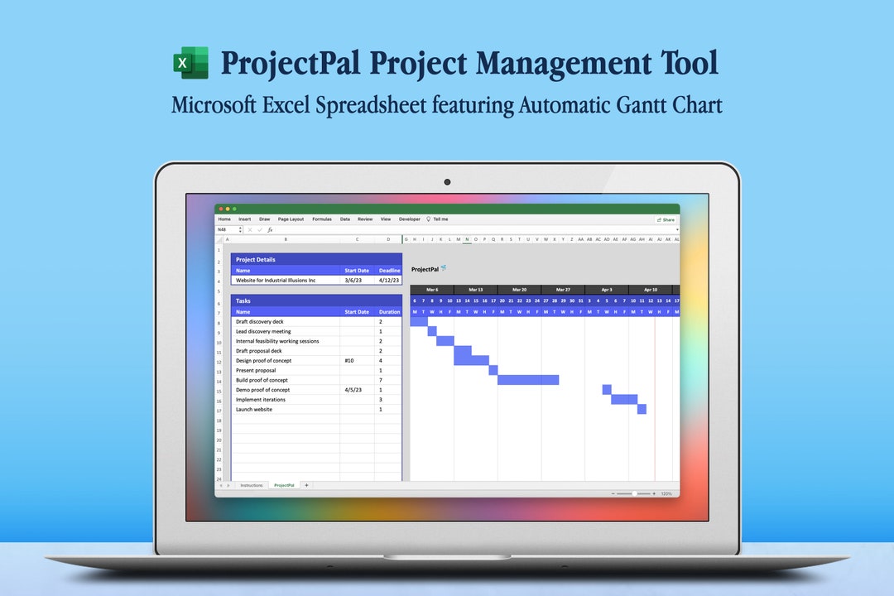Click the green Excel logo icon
(x=190, y=63)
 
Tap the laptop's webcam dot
(x=447, y=181)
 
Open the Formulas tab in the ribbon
(x=322, y=219)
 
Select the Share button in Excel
(x=666, y=219)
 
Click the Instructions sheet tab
(x=251, y=485)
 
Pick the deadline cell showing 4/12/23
(x=389, y=280)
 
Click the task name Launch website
(x=254, y=409)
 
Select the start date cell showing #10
(x=348, y=361)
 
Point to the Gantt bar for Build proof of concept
(x=527, y=380)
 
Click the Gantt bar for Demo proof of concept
(x=607, y=389)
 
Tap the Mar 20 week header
(x=519, y=290)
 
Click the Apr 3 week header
(x=606, y=290)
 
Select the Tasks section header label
(x=243, y=300)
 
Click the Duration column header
(x=389, y=312)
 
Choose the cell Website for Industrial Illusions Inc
(x=276, y=280)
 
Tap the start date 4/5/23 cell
(x=353, y=390)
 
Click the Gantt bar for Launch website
(x=642, y=409)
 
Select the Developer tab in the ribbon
(x=410, y=219)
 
